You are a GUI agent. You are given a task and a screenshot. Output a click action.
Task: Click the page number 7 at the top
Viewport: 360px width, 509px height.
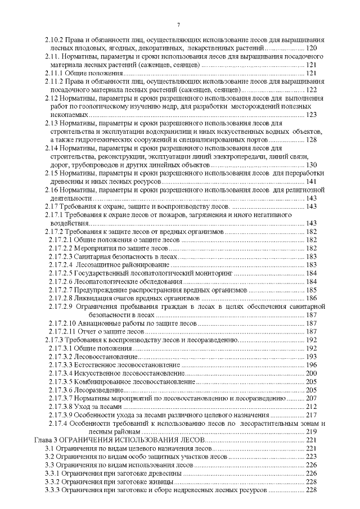coord(178,24)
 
